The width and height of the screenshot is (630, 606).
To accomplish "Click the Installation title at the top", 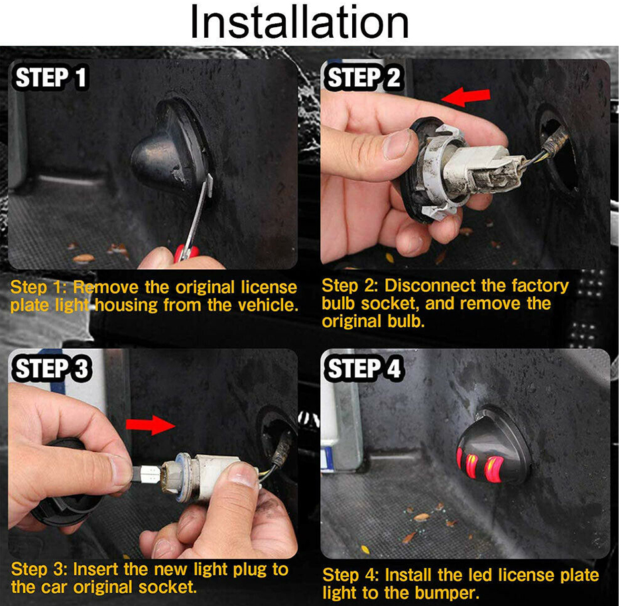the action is pyautogui.click(x=299, y=22).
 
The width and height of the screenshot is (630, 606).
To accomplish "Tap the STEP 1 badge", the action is pyautogui.click(x=50, y=77).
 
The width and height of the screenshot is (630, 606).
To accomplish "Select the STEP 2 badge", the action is pyautogui.click(x=364, y=77).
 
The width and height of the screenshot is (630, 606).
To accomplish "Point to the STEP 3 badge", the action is pyautogui.click(x=52, y=368).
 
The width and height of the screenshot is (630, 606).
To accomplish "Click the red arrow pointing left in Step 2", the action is pyautogui.click(x=466, y=97).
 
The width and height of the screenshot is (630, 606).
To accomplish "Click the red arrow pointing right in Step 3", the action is pyautogui.click(x=151, y=425).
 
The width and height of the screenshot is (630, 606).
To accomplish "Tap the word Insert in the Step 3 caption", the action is pyautogui.click(x=96, y=569).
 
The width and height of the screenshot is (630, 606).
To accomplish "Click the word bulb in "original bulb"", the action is pyautogui.click(x=406, y=322).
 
